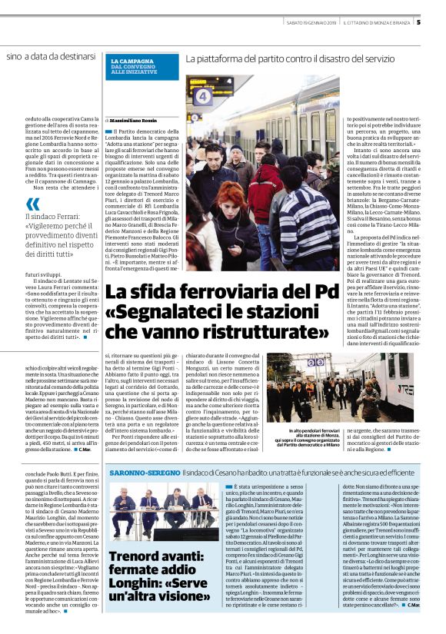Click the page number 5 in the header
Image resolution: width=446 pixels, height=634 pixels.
click(x=440, y=22)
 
